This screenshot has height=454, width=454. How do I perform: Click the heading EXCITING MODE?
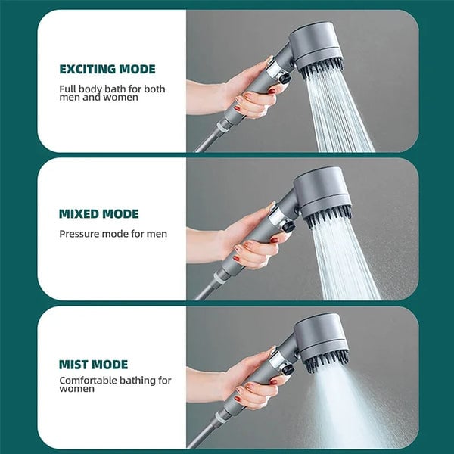tap(107, 70)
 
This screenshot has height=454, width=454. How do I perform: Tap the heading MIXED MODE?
tap(99, 214)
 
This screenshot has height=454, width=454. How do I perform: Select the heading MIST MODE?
tap(93, 364)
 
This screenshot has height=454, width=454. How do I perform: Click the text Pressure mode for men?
tap(113, 234)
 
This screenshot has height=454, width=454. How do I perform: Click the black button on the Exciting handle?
tap(285, 78)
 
